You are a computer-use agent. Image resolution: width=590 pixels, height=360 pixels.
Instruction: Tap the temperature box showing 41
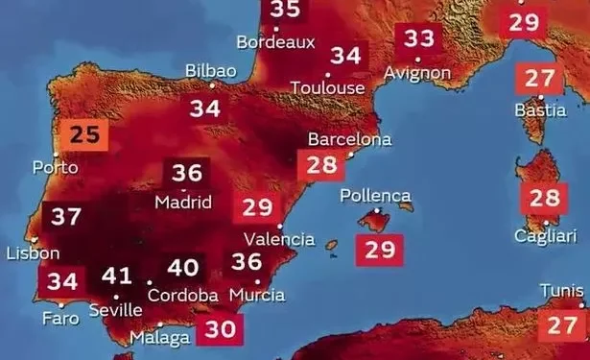tap(117, 276)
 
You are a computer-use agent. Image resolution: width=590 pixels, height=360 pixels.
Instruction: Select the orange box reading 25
tap(84, 135)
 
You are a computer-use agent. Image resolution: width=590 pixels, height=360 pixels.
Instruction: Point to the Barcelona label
tap(349, 139)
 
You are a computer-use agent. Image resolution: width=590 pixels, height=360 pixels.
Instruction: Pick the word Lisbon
tap(33, 253)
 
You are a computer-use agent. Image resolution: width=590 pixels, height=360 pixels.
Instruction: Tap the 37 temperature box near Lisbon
tap(66, 216)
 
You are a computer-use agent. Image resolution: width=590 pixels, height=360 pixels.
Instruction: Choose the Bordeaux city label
tap(275, 42)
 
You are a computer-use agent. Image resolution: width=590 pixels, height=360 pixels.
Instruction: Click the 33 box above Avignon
tap(418, 39)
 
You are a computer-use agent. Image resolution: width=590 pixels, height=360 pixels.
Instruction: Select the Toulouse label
tap(329, 87)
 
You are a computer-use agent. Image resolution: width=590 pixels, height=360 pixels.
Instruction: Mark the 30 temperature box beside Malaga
tap(221, 329)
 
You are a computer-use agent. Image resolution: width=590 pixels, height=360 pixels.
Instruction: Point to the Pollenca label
tap(375, 196)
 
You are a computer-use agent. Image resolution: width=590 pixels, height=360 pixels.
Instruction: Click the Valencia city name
tap(279, 238)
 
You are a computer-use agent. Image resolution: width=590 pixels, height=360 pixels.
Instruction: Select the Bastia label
tap(541, 111)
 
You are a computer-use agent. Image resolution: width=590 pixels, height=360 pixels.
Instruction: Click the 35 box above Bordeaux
tap(284, 10)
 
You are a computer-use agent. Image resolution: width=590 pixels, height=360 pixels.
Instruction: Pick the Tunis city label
tap(561, 290)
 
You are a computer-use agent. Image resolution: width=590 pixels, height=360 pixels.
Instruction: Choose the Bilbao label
tap(211, 72)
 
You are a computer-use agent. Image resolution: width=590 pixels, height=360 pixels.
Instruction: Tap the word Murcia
tap(257, 294)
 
